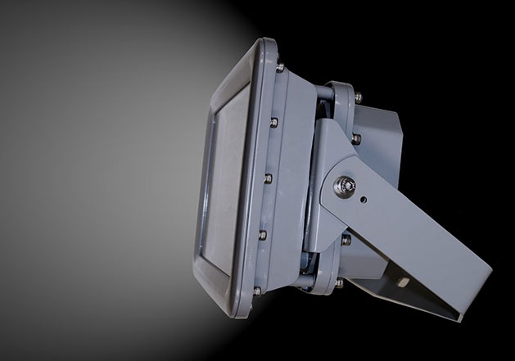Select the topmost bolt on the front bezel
point(279,67)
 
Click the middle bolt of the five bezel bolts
point(267,177)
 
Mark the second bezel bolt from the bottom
point(262,235)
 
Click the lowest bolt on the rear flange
point(339,282)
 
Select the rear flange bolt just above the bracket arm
point(355,138)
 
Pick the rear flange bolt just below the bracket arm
point(346,239)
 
